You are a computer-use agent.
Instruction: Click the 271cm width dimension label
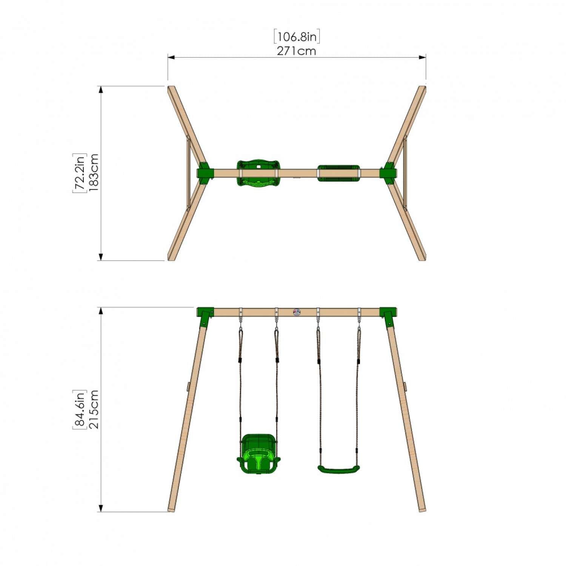[x=296, y=51]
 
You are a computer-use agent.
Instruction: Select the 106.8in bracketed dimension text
[x=297, y=37]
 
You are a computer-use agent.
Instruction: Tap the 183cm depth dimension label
[x=94, y=172]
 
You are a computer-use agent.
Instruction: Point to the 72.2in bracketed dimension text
[x=80, y=173]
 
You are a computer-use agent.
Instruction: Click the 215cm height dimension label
[x=94, y=409]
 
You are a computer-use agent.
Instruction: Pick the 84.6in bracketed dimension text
[x=80, y=409]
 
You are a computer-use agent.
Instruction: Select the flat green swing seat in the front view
[x=338, y=469]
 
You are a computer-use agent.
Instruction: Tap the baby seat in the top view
[x=258, y=173]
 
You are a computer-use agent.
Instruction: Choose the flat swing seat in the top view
[x=338, y=173]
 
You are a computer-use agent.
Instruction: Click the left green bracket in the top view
[x=205, y=173]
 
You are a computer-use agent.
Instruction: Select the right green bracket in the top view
[x=388, y=173]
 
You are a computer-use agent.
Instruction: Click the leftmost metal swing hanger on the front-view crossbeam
[x=241, y=312]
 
